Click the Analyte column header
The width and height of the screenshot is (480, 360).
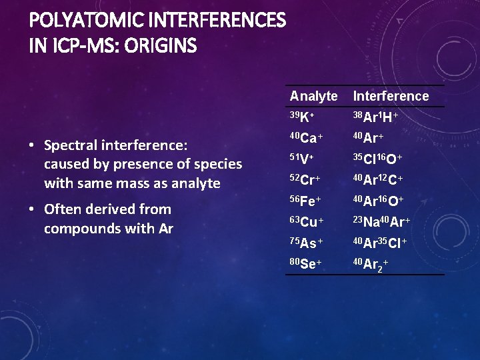tap(313, 96)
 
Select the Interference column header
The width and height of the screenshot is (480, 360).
tap(391, 96)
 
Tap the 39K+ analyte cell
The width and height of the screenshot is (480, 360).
tap(302, 117)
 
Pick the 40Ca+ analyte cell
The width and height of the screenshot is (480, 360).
tap(306, 138)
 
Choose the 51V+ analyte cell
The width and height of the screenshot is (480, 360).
tap(302, 159)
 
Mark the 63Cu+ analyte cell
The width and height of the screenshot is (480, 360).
tap(307, 222)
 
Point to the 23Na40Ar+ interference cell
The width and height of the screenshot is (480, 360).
tap(381, 222)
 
